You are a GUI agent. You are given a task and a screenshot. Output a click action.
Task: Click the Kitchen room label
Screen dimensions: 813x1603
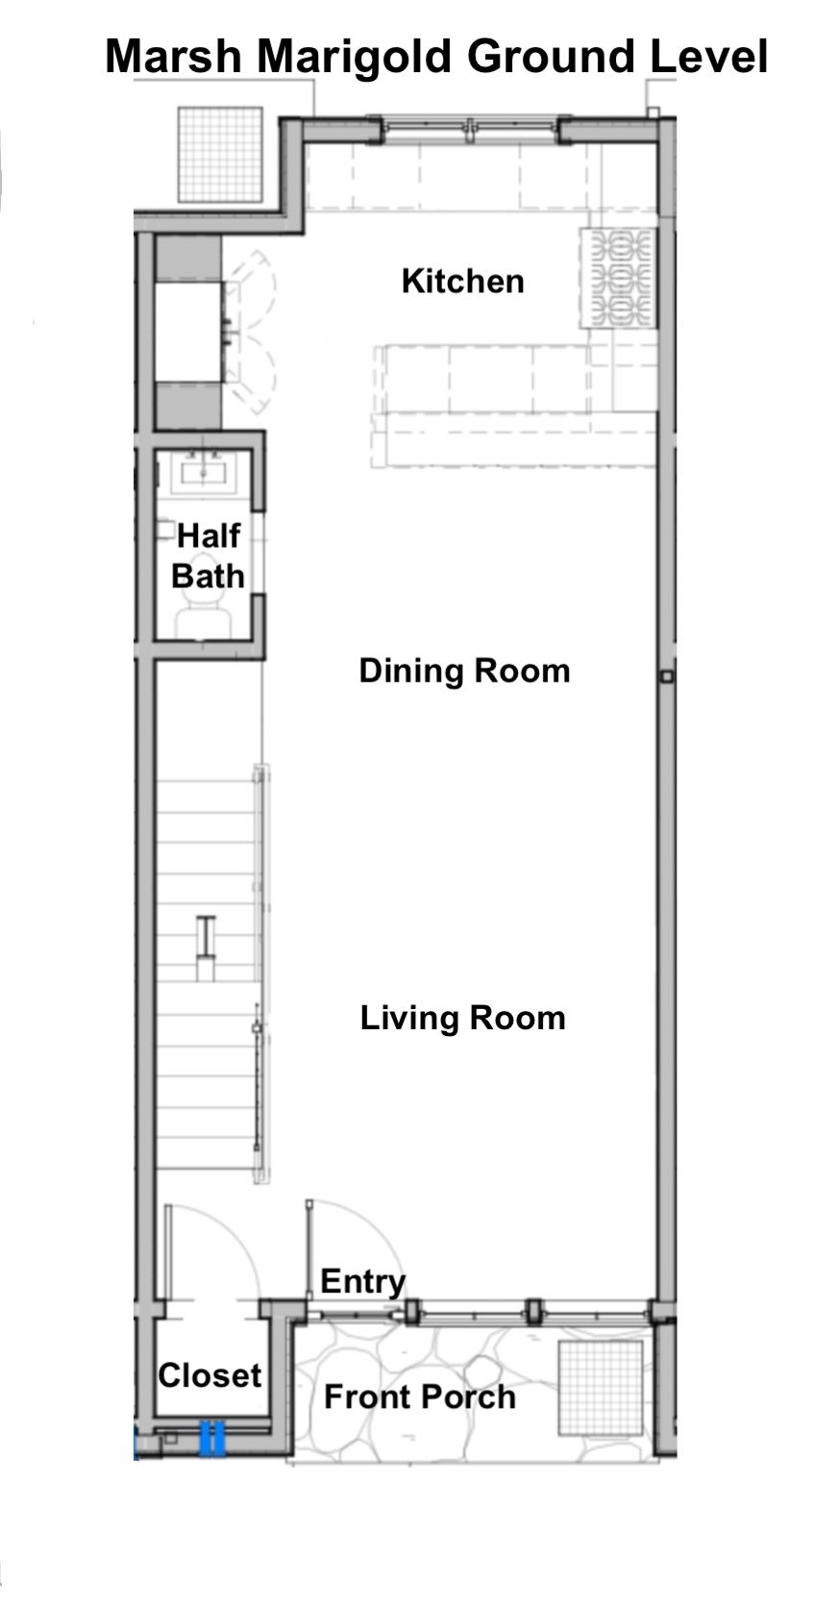(x=462, y=282)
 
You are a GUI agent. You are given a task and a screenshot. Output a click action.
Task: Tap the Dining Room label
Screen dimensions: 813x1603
(x=464, y=671)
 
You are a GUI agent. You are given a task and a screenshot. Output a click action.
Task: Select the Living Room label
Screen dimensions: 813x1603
(x=462, y=1019)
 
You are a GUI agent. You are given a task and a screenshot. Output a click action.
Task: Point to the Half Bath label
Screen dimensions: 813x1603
(x=209, y=556)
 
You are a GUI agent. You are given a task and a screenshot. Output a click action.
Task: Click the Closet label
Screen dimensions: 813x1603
(x=209, y=1374)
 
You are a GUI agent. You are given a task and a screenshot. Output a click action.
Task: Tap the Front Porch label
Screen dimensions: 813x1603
(x=420, y=1396)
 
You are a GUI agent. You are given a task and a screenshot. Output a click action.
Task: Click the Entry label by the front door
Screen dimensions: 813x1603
(x=363, y=1282)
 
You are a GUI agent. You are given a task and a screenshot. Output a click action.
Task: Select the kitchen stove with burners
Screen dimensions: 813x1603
(x=619, y=278)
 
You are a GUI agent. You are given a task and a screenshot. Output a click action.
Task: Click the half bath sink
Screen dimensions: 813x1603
(x=204, y=472)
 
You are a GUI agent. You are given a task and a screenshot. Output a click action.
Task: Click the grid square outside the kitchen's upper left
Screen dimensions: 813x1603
(x=220, y=155)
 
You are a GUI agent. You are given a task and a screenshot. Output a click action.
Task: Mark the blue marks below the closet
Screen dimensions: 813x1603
(x=211, y=1438)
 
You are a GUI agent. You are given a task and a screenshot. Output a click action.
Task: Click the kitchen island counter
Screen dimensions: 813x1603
(x=514, y=405)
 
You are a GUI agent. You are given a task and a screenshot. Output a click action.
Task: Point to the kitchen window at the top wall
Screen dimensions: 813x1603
(x=469, y=128)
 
